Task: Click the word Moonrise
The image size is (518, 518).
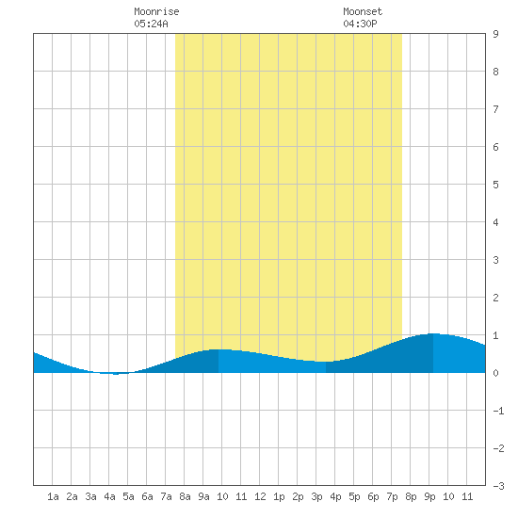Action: point(156,11)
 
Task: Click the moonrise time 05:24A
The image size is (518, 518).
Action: point(151,24)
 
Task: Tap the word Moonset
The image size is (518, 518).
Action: point(363,11)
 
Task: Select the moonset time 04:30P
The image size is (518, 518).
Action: point(360,24)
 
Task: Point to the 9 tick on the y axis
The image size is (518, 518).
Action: point(495,34)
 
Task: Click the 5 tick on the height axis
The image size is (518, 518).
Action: point(495,185)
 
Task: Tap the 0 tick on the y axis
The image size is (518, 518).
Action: point(495,373)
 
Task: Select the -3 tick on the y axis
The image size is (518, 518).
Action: point(498,486)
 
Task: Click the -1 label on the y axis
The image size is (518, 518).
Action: point(498,411)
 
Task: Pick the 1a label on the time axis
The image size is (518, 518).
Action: point(53,496)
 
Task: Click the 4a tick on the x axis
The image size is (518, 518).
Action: point(109,496)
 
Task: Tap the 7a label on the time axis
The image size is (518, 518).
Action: point(166,496)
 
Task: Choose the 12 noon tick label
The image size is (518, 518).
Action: point(260,496)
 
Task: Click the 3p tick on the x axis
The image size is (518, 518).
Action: point(316,496)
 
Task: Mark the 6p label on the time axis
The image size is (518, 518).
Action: point(373,496)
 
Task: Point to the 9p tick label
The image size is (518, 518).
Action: point(429,496)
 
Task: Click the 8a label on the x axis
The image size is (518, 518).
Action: point(185,496)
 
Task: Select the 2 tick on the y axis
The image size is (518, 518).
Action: point(495,298)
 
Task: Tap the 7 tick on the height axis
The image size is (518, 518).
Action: point(495,109)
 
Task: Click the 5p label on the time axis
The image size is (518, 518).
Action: point(354,496)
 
